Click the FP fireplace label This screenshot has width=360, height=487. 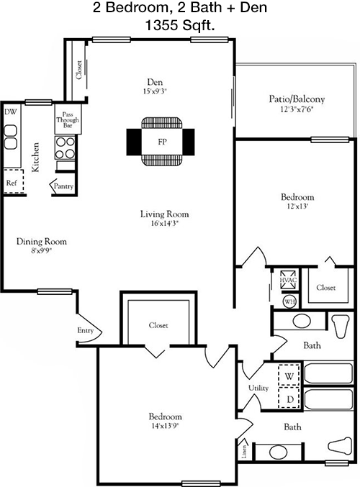tap(162, 142)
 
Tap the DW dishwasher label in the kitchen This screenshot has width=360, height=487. tap(11, 111)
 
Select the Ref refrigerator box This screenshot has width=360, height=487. tap(14, 182)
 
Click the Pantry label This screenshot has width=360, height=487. tap(64, 186)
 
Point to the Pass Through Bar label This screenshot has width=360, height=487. tap(68, 119)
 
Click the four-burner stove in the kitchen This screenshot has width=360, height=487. tap(66, 147)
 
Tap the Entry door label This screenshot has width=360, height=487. tap(85, 330)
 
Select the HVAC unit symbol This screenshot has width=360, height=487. tap(289, 280)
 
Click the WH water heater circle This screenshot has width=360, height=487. tap(289, 301)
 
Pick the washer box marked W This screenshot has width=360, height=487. tap(289, 375)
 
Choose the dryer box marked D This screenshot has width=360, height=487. tap(289, 398)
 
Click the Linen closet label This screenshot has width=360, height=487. tap(244, 452)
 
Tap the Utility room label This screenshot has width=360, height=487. tap(258, 388)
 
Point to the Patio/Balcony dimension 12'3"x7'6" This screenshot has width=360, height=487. tap(296, 109)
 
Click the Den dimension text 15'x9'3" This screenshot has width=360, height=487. tap(155, 91)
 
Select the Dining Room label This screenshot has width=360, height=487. tap(41, 241)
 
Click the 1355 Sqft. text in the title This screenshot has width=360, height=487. tap(180, 25)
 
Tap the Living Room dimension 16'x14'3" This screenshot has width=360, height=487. tap(164, 223)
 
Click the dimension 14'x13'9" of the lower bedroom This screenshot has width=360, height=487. tap(165, 426)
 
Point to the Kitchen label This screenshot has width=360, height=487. tap(35, 157)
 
